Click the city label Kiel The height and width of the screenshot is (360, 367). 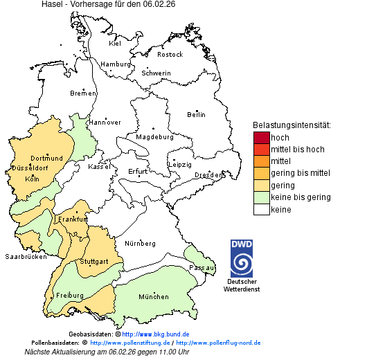115,43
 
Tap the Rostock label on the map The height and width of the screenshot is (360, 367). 170,54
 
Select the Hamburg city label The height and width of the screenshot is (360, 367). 116,64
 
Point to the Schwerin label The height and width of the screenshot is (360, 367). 156,73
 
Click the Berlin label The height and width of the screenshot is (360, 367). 196,114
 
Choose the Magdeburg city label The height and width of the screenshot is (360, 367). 154,136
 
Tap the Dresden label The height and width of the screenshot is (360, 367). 208,175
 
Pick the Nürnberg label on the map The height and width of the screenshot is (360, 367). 140,244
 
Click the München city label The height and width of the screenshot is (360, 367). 154,297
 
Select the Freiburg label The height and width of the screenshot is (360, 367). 69,296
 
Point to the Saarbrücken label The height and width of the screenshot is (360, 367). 26,256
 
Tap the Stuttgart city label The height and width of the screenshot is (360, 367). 94,262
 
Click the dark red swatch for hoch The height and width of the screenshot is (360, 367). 261,137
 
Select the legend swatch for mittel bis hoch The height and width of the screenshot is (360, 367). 261,150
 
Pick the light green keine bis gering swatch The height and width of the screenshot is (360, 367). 261,197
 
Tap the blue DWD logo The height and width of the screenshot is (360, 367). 242,258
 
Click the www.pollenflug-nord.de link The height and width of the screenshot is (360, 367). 218,343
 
